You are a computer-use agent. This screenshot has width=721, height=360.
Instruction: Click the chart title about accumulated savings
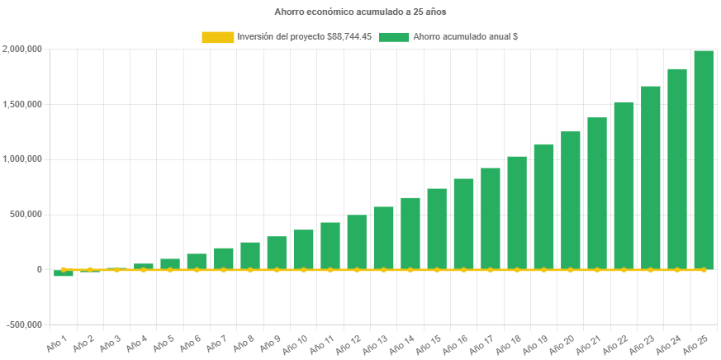pos(360,12)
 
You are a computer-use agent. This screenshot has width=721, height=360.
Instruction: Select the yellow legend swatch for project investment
pos(217,37)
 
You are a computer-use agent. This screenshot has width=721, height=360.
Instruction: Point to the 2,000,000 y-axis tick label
pos(22,50)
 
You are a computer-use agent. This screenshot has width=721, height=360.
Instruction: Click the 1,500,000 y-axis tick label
pos(22,105)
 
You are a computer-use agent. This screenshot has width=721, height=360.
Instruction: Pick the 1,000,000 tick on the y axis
pos(22,159)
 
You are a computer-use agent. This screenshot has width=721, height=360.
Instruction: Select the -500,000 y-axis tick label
pos(24,324)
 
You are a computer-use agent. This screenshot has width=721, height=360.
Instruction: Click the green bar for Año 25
pos(704,160)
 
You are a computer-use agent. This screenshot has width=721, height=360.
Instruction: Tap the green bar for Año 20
pos(570,201)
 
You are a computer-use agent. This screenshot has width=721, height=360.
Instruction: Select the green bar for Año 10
pos(303,249)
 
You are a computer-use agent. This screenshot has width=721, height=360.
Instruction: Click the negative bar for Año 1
pos(64,273)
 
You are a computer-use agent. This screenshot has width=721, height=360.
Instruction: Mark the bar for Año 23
pos(650,178)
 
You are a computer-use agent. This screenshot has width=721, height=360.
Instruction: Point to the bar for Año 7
pos(224,258)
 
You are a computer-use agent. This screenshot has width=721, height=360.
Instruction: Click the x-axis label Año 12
pos(352,343)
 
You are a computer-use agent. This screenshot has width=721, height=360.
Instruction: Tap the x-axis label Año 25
pos(699,343)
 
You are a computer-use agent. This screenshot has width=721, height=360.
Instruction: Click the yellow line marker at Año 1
pos(64,269)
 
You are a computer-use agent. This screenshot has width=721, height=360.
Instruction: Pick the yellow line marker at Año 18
pos(517,269)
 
